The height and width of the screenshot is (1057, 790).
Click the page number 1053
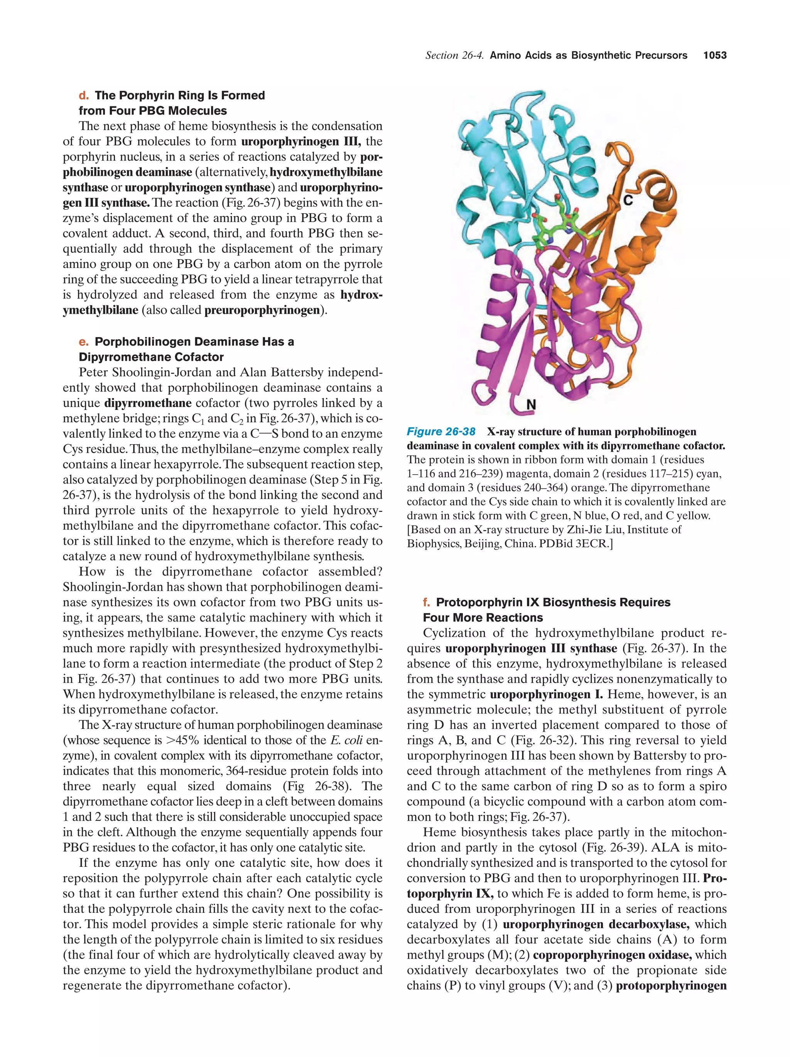[714, 56]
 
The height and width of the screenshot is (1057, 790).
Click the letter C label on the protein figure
[628, 201]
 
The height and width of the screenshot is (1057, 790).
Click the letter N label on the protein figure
[531, 405]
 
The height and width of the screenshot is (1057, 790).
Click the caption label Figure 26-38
[441, 432]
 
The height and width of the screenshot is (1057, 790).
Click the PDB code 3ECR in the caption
[591, 544]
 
